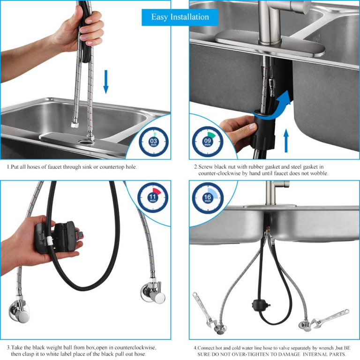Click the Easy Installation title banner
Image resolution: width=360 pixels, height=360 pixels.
(180, 17)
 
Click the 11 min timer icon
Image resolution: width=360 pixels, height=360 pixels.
(153, 197)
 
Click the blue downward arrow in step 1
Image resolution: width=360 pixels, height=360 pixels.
(106, 82)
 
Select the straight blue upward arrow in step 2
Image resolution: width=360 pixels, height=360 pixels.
(286, 140)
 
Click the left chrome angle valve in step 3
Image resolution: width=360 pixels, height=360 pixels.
(19, 309)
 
